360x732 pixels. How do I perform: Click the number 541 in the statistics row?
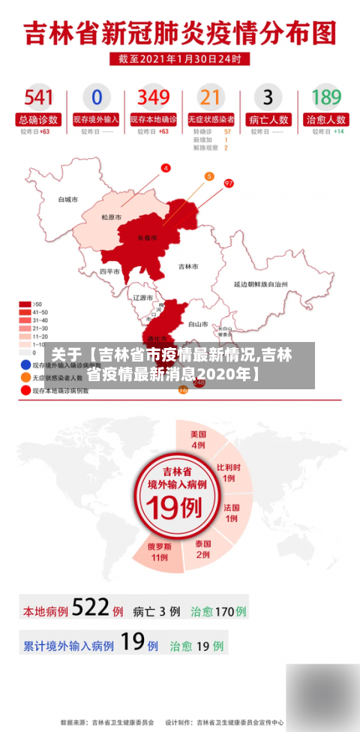[x=38, y=97]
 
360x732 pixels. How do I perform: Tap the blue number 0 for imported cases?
[x=96, y=97]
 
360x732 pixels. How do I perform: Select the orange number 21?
[x=211, y=97]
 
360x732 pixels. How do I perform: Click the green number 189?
[x=326, y=97]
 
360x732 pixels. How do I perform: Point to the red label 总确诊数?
[x=38, y=119]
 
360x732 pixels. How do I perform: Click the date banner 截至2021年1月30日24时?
[x=179, y=58]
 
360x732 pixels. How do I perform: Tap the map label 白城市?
[x=68, y=200]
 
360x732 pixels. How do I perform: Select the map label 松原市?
[x=112, y=217]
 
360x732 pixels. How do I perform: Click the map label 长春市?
[x=148, y=238]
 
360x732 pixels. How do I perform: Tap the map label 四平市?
[x=109, y=271]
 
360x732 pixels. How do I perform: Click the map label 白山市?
[x=198, y=324]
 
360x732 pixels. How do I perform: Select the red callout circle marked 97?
[x=229, y=183]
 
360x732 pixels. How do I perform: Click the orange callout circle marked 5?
[x=209, y=176]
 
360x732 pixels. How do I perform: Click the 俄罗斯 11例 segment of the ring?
[x=158, y=551]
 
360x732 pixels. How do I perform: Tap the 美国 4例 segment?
[x=198, y=439]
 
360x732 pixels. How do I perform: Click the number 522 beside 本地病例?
[x=91, y=608]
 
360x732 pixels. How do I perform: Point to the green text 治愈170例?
[x=218, y=611]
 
